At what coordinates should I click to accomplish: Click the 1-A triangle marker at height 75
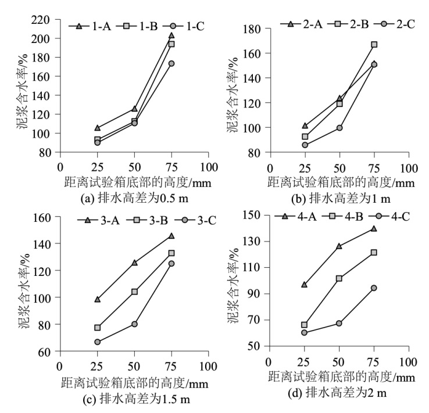(171, 35)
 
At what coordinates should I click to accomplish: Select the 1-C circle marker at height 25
(98, 142)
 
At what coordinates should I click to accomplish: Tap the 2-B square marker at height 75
(374, 45)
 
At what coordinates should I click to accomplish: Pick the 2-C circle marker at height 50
(339, 128)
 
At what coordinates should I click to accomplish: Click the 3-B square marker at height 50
(134, 292)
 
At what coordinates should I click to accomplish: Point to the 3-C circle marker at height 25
(98, 342)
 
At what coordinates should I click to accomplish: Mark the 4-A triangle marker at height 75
(374, 228)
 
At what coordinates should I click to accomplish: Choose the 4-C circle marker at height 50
(339, 323)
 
